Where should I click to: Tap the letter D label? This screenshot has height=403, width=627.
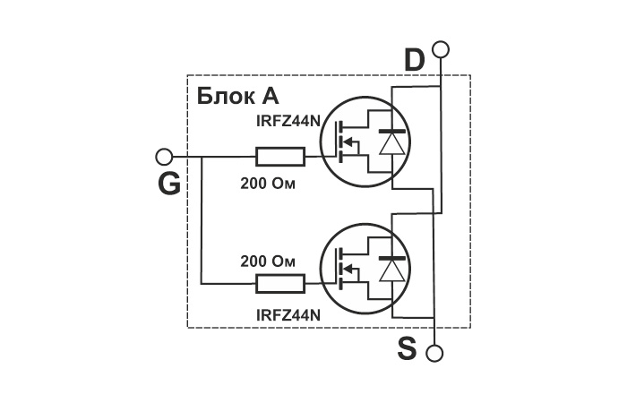click(414, 60)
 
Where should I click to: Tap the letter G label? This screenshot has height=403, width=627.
click(169, 184)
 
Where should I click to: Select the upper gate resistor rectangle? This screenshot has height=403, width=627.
click(280, 157)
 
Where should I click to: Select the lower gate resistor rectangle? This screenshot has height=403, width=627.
click(280, 284)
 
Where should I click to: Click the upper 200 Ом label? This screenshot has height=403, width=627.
click(268, 184)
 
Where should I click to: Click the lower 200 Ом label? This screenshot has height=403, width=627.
click(268, 262)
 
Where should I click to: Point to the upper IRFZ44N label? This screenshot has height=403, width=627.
click(288, 121)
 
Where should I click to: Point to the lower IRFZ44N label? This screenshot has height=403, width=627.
click(288, 315)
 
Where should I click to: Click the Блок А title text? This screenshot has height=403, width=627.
click(237, 96)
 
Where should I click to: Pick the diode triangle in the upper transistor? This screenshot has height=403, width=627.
click(391, 144)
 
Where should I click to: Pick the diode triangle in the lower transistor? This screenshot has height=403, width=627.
click(391, 271)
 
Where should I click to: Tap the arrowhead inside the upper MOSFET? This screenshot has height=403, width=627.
click(348, 141)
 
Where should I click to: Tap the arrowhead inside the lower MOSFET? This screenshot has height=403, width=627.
click(348, 269)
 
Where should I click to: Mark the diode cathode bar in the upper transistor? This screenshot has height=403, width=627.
click(391, 131)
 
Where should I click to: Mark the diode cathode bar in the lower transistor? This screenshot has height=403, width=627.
click(391, 258)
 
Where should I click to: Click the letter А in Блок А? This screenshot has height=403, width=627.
click(270, 96)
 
